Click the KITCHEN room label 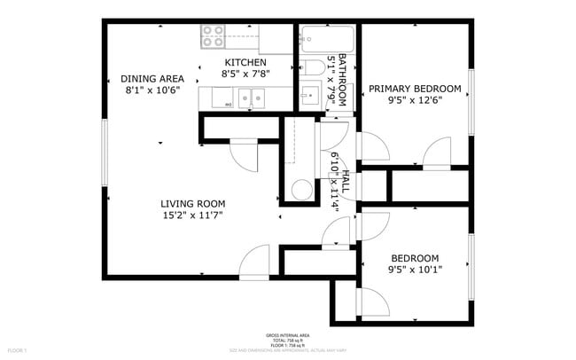245,62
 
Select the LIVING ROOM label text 191,202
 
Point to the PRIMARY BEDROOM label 415,89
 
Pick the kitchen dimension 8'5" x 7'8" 245,74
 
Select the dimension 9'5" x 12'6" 415,101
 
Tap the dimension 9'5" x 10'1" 415,270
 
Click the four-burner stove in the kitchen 213,36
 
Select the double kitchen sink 249,98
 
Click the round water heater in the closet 303,190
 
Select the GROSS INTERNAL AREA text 288,335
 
